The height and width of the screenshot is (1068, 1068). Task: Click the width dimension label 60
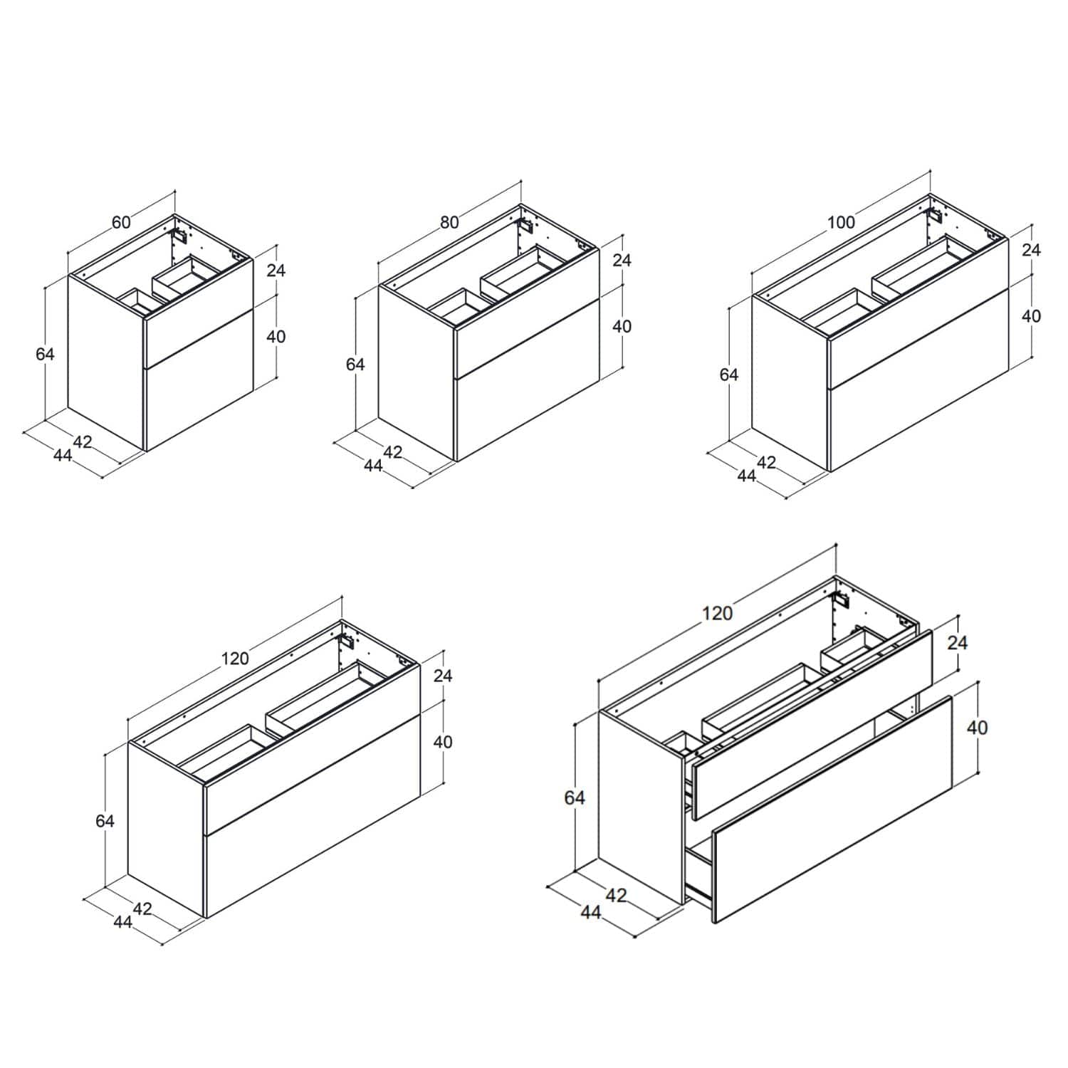[x=121, y=222]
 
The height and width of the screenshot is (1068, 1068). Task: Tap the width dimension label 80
[x=449, y=222]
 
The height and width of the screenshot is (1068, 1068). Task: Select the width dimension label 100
[x=841, y=222]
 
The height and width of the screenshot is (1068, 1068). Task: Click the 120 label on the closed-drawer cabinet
[x=235, y=658]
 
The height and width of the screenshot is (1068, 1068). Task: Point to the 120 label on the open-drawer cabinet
[x=717, y=613]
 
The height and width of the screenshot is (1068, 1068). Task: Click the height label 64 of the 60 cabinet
[x=45, y=353]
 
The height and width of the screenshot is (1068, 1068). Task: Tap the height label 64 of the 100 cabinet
[x=729, y=374]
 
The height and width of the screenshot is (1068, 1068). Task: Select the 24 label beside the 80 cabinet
[x=622, y=260]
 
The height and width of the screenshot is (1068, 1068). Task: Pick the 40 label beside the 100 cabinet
[x=1031, y=316]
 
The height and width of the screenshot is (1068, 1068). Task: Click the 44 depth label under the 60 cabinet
[x=63, y=455]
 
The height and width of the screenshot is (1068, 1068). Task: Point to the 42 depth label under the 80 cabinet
[x=392, y=452]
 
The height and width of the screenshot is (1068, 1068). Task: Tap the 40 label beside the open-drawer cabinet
[x=978, y=727]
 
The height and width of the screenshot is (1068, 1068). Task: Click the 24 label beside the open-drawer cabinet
[x=958, y=642]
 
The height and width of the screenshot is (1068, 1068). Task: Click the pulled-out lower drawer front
[x=832, y=810]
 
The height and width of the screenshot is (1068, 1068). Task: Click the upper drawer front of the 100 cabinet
[x=918, y=315]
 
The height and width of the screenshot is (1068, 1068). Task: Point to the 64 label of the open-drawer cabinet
[x=575, y=797]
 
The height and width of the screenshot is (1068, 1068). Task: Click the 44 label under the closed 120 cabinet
[x=122, y=921]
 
